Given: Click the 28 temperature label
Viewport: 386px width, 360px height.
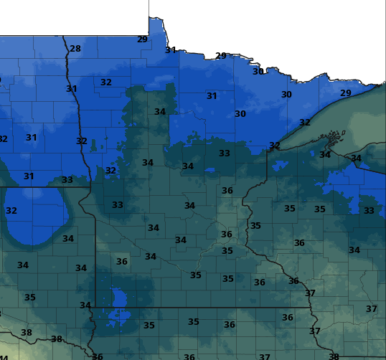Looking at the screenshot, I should [75, 49].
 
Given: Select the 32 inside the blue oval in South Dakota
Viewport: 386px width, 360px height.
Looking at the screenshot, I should [11, 211].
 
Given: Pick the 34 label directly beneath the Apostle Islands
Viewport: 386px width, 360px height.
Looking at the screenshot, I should [325, 155].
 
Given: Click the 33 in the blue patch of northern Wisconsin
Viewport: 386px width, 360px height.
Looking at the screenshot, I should [369, 211].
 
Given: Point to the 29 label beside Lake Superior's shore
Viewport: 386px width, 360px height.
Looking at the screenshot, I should [346, 93].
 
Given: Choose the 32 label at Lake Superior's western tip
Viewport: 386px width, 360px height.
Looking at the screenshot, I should [274, 146].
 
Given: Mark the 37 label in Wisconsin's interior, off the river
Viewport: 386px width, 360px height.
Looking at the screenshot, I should [371, 309].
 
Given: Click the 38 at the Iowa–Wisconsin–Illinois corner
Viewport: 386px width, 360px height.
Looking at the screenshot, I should [334, 356].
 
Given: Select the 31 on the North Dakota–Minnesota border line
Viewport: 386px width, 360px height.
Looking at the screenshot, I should [71, 89].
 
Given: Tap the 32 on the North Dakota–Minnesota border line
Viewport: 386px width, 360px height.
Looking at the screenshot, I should [82, 141].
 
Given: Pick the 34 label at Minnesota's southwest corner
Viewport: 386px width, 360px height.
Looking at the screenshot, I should [85, 305].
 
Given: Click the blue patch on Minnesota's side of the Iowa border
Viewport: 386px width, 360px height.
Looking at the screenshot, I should [117, 297].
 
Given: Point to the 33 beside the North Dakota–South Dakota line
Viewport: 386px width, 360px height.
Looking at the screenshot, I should [67, 180].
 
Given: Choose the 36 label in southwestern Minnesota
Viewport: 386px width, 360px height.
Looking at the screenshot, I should [122, 262].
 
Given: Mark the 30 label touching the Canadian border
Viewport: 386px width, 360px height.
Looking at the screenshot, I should [258, 71].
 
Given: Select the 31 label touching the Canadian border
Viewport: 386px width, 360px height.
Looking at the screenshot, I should [171, 50].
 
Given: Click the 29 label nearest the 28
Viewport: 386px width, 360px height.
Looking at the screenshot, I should [142, 39].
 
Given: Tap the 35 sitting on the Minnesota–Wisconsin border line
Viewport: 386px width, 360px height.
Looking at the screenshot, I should [255, 226].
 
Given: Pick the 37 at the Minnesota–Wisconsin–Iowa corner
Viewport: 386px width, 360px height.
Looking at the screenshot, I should [310, 293].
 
